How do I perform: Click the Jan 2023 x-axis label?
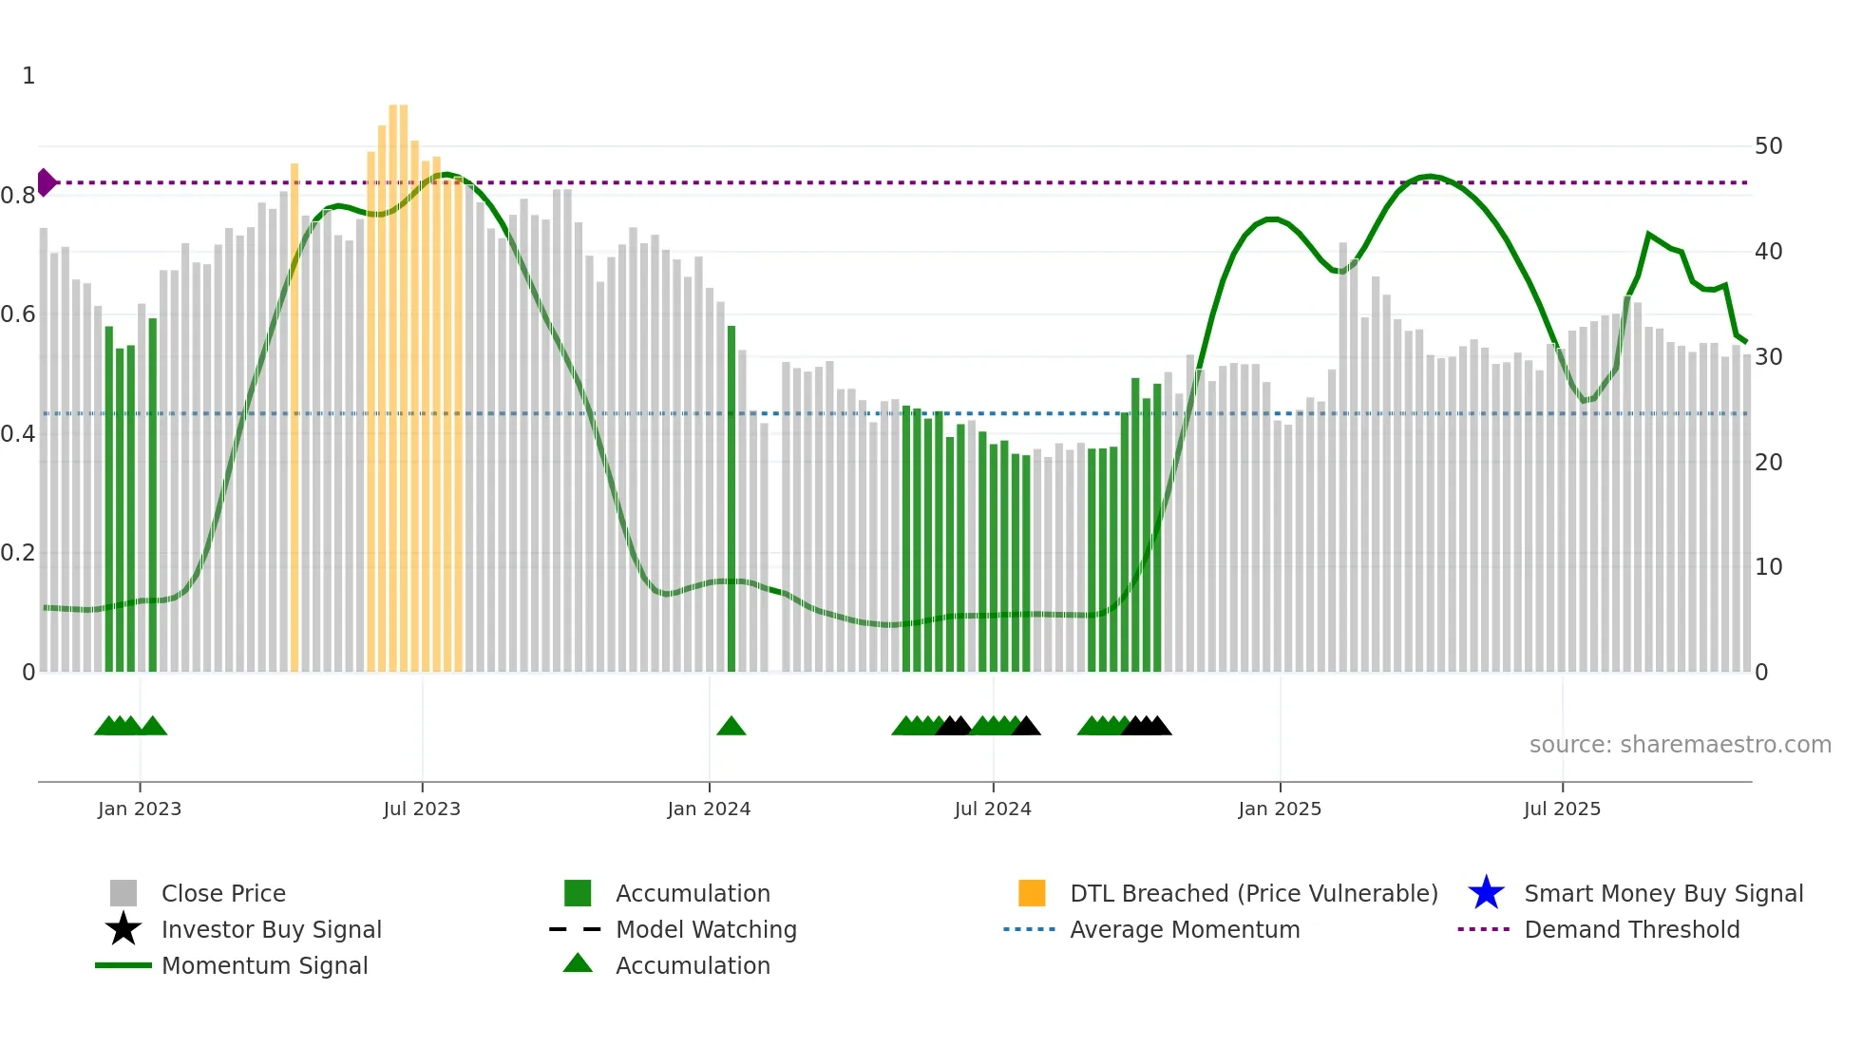point(139,809)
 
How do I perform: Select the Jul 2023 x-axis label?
point(422,809)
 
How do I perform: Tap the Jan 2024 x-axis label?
point(709,809)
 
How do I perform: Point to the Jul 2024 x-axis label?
point(993,809)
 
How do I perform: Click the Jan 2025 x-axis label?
point(1280,809)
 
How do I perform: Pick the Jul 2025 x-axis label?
point(1562,809)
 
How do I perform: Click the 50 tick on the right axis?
point(1768,146)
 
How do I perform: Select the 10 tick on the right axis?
point(1768,567)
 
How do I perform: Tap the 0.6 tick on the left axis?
point(19,314)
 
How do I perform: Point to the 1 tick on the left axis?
point(28,76)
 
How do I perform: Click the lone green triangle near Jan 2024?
point(731,727)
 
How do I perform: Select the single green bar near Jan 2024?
point(731,499)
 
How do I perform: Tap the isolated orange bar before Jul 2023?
point(294,418)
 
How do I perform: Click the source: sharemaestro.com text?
point(1680,745)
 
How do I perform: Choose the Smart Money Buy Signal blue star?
point(1486,893)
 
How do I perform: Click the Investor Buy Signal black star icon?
point(123,929)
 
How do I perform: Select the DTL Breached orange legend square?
point(1032,893)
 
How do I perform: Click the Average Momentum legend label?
point(1185,929)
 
